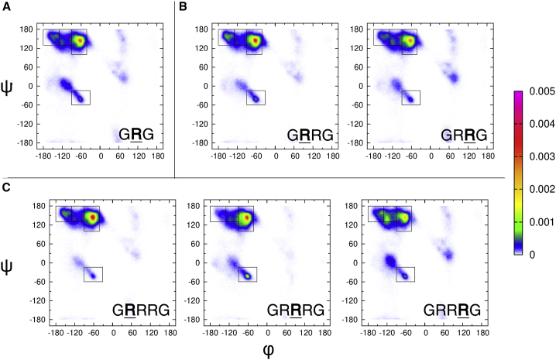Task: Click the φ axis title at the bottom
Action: (x=269, y=350)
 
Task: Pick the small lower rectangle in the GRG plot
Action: (x=81, y=98)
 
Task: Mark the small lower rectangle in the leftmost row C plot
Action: (x=93, y=274)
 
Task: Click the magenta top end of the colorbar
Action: (x=519, y=94)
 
